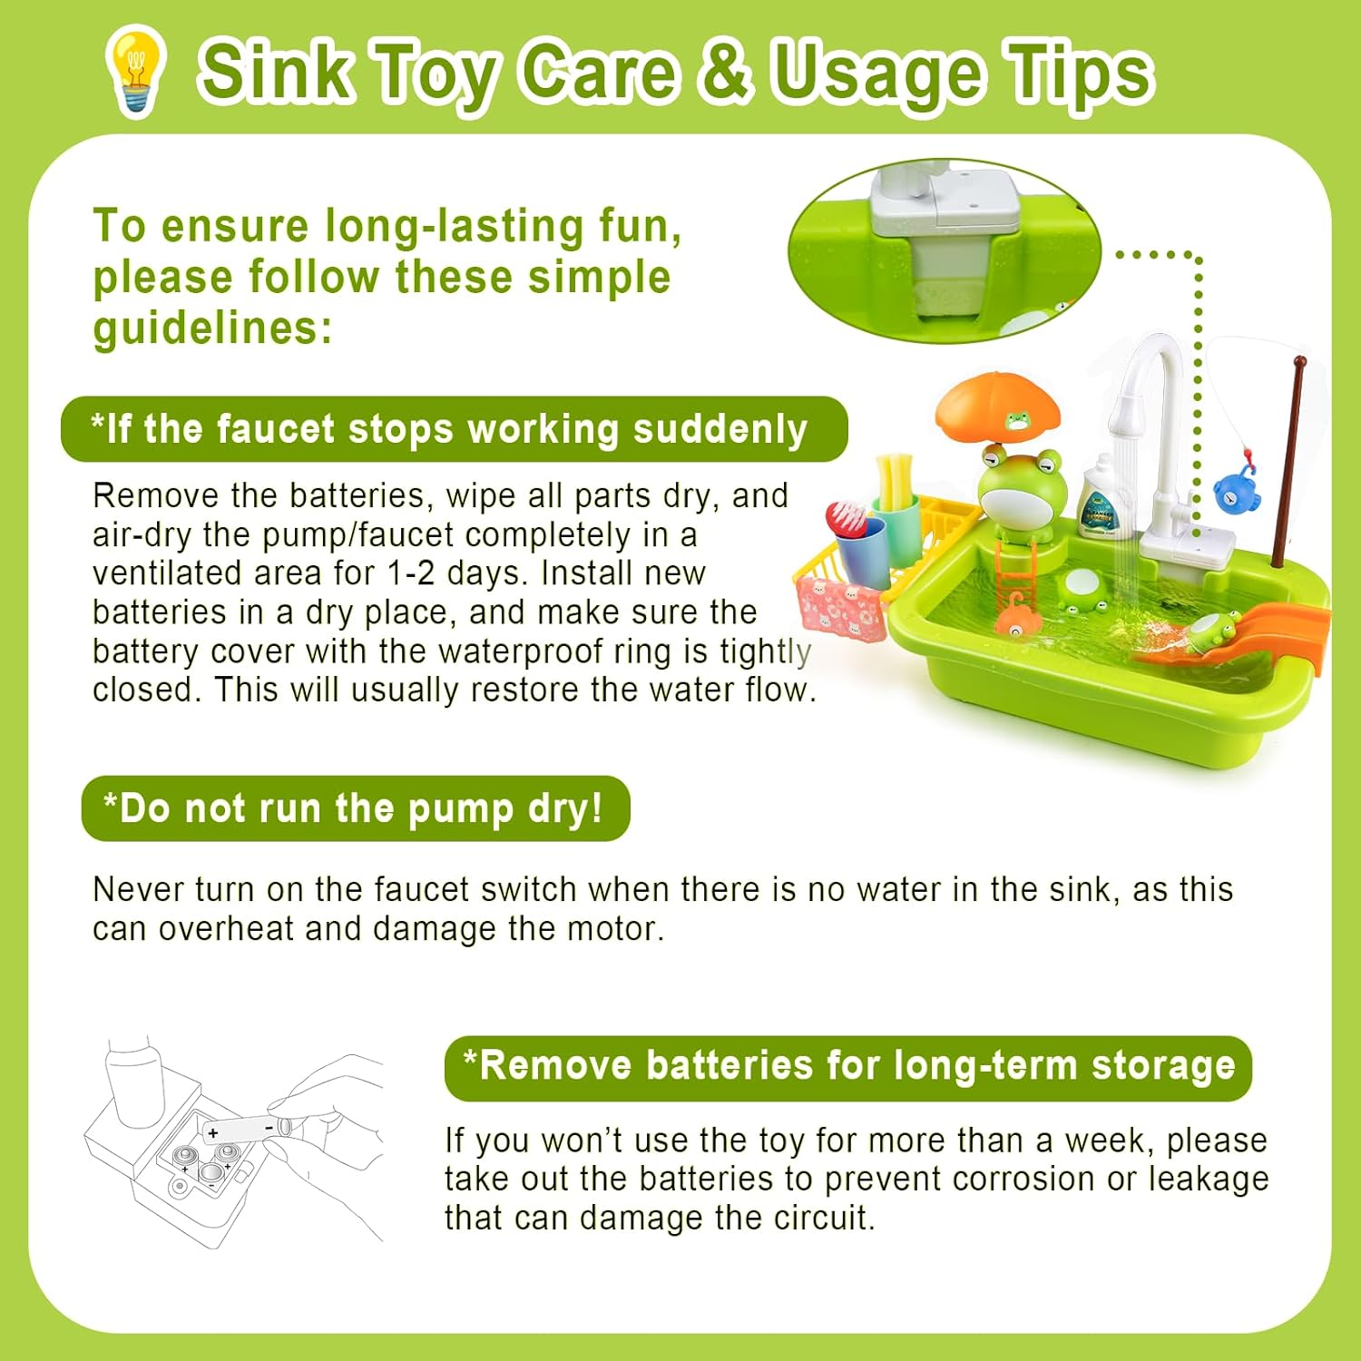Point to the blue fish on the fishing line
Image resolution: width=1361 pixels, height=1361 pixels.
pyautogui.click(x=1235, y=491)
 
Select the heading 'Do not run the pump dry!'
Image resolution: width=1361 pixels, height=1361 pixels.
pyautogui.click(x=355, y=808)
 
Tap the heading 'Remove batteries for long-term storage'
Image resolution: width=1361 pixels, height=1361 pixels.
pyautogui.click(x=848, y=1067)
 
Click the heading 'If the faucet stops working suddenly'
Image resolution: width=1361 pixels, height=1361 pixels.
pyautogui.click(x=454, y=429)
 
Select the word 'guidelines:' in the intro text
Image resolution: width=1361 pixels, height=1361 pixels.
pyautogui.click(x=212, y=328)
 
